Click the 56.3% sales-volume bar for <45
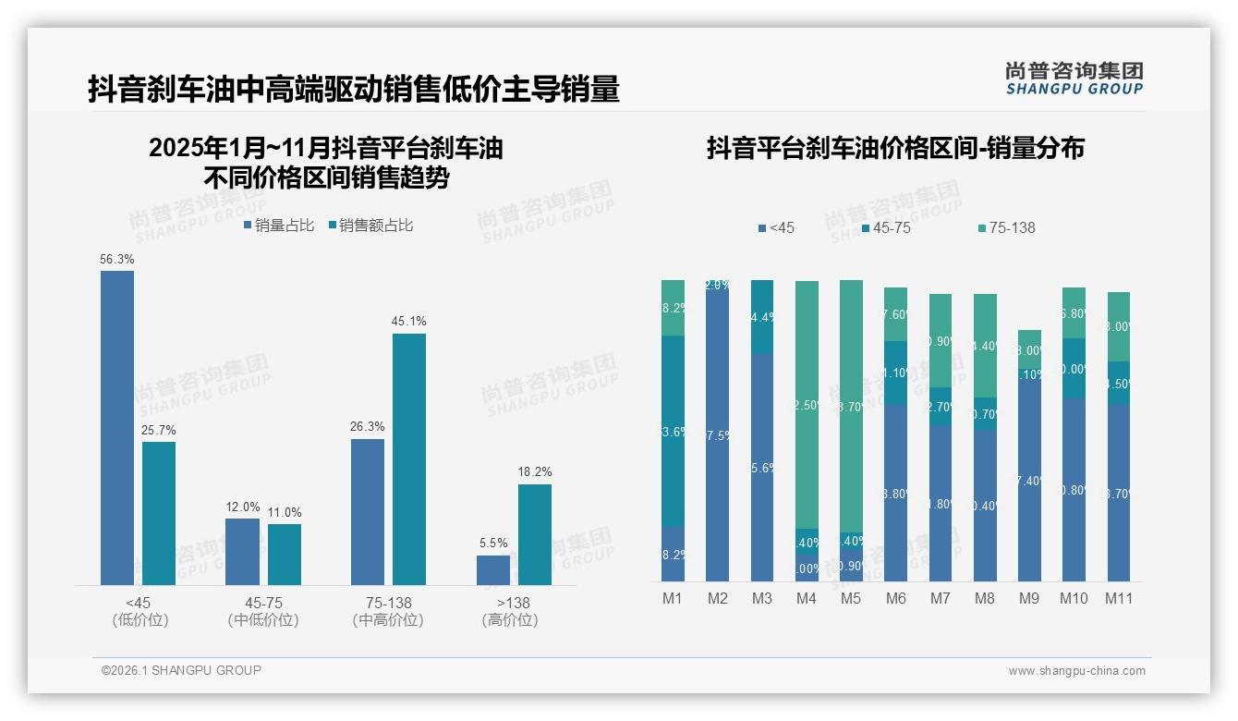(x=117, y=427)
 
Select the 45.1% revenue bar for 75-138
(x=409, y=458)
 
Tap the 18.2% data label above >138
(x=535, y=472)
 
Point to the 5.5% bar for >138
(x=493, y=570)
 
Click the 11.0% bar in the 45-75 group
(x=285, y=555)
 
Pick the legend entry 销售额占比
(x=371, y=226)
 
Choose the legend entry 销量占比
(x=280, y=226)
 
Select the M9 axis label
(x=1029, y=599)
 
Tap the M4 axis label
(x=807, y=599)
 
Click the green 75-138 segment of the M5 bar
(x=851, y=407)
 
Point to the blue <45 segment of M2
(x=718, y=434)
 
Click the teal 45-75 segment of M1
(x=673, y=431)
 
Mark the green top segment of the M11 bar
(x=1118, y=326)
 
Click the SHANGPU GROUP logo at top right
(x=1074, y=79)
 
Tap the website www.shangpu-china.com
(x=1076, y=671)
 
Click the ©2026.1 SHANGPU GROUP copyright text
(x=181, y=670)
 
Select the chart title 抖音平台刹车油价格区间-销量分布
(x=895, y=148)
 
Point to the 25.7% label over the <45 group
(x=159, y=431)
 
